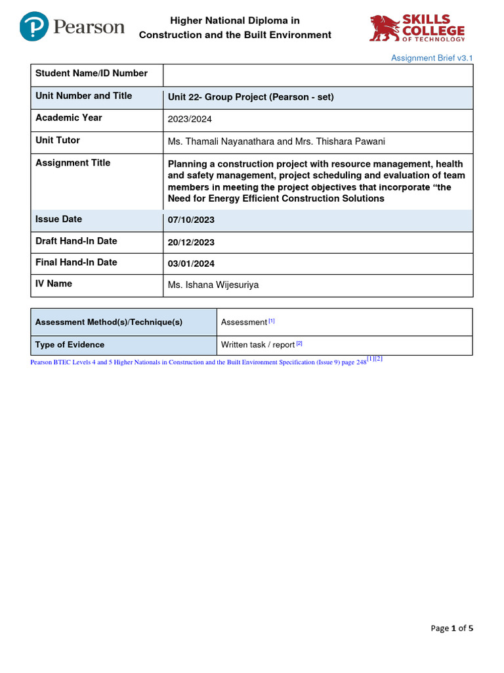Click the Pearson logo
[72, 27]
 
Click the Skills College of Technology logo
[417, 29]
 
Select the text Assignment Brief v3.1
[432, 58]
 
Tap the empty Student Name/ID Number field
[318, 75]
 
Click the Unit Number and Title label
[83, 96]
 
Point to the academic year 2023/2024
[190, 120]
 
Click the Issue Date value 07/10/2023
[191, 220]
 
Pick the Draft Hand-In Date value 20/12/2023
[191, 242]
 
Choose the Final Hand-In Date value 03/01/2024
[191, 264]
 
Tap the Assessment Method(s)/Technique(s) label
[108, 322]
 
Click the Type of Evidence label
[70, 344]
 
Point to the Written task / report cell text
[257, 344]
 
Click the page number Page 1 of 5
[451, 628]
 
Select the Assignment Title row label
[73, 163]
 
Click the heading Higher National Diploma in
[235, 21]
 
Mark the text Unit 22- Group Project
[217, 97]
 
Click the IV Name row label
[54, 284]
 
